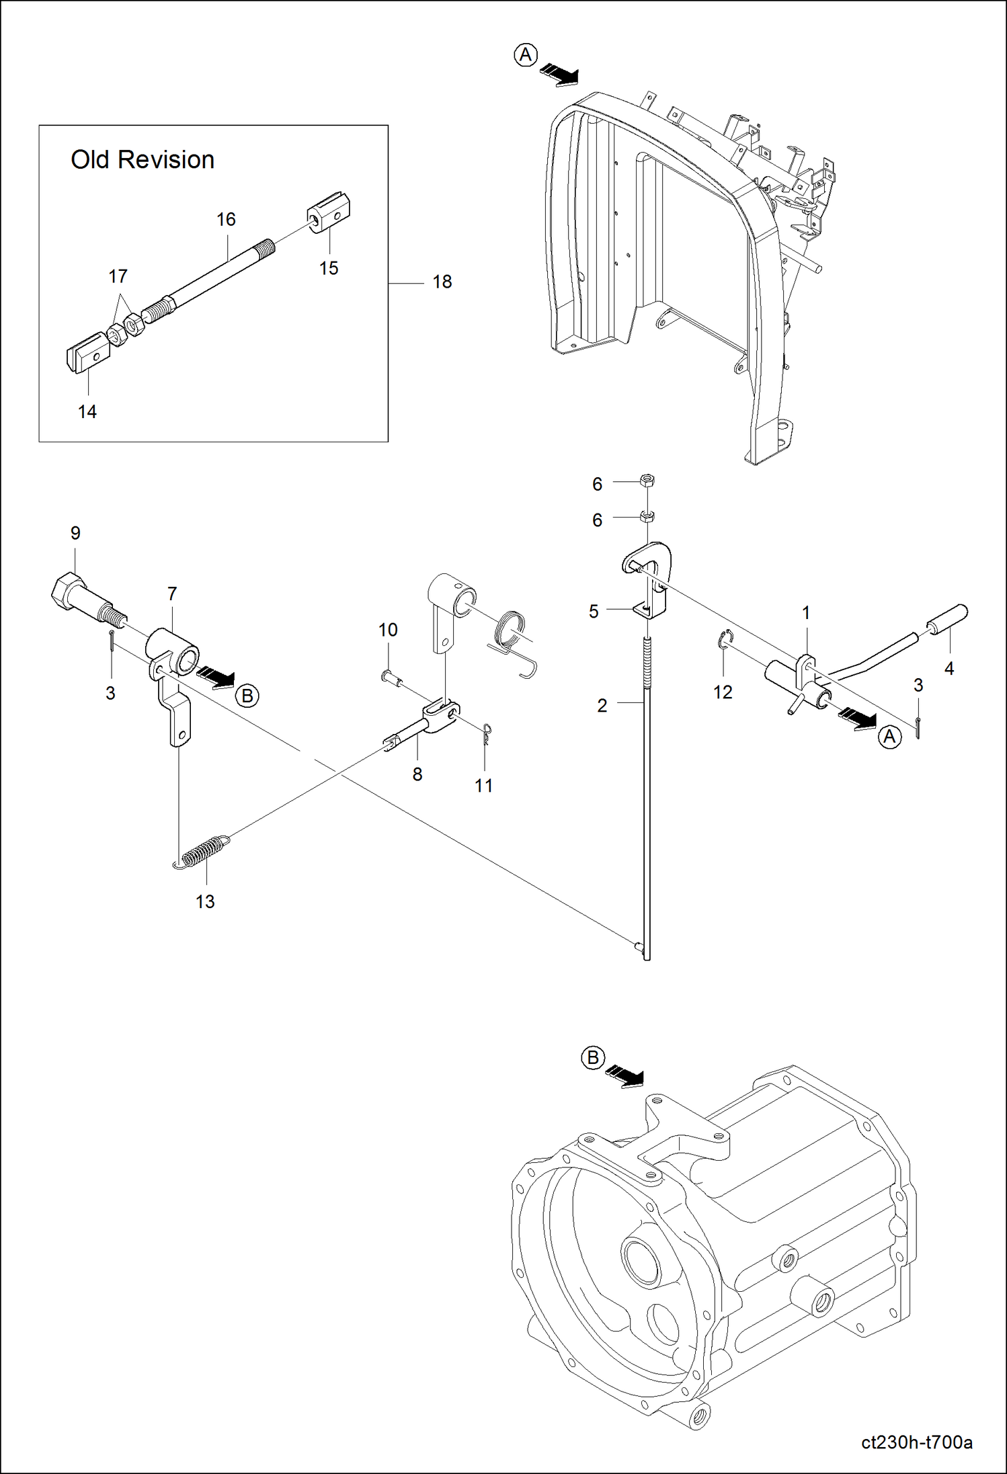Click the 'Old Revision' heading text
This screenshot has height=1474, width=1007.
[143, 160]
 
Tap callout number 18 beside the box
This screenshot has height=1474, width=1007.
[442, 282]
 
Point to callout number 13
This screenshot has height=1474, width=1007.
[205, 901]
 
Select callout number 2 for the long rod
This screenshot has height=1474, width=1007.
[602, 705]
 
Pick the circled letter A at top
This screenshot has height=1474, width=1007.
[526, 55]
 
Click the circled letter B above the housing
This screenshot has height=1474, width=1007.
[592, 1058]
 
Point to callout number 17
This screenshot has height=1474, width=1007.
[118, 276]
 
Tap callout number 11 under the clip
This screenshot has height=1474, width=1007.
[483, 785]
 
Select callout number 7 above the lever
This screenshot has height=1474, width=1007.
[172, 593]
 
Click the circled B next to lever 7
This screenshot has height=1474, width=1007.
[247, 696]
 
